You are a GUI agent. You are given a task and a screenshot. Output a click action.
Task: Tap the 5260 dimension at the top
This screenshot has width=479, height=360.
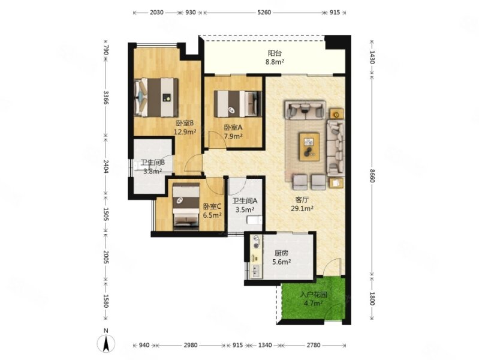264,13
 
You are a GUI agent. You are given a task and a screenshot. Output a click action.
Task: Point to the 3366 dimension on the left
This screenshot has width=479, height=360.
106,98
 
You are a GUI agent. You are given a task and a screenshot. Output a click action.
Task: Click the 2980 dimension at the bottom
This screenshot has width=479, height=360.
190,346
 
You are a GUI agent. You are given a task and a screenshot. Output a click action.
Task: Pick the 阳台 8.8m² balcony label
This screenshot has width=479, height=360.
275,57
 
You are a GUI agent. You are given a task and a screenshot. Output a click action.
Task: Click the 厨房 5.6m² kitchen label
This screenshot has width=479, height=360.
281,257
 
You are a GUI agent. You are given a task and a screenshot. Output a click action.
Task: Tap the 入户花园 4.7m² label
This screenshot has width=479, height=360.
314,299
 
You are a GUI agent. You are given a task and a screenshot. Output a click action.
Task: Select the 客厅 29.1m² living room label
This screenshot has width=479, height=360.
302,204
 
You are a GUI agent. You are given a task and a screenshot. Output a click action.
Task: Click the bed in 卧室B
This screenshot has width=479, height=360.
156,98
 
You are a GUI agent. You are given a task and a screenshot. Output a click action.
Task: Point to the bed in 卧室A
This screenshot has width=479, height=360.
238,104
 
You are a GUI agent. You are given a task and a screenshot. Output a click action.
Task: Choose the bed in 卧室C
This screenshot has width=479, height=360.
186,206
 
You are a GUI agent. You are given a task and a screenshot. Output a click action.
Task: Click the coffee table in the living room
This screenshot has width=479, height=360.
309,146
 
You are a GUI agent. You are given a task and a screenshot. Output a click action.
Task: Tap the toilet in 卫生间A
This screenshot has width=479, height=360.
254,220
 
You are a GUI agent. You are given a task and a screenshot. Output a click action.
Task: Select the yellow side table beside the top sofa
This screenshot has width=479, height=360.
336,114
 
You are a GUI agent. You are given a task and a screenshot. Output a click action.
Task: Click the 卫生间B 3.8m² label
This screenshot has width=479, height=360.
153,167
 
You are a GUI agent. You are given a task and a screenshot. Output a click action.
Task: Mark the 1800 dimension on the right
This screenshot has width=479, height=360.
372,299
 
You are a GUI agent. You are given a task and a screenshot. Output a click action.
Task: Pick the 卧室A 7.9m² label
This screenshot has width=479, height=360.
233,131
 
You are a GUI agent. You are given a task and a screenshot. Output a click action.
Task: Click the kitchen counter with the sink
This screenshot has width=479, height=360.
256,257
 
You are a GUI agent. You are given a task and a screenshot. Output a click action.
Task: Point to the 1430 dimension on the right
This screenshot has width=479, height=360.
372,57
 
